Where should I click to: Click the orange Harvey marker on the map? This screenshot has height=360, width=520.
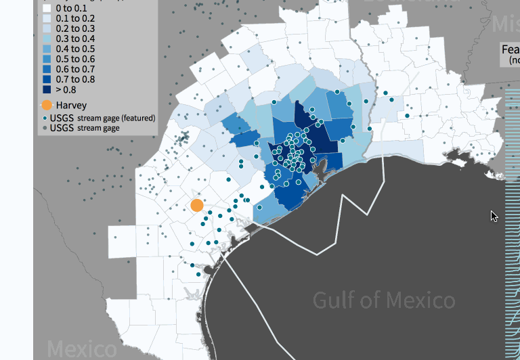[x=197, y=205]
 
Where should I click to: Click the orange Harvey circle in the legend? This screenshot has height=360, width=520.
[x=47, y=105]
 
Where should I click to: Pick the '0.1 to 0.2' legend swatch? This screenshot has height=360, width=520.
[x=47, y=18]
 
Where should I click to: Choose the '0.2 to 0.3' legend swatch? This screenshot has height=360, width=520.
[x=47, y=28]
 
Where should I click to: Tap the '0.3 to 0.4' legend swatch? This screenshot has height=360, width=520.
[x=47, y=39]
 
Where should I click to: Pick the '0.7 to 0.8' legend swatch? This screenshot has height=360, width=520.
[x=47, y=79]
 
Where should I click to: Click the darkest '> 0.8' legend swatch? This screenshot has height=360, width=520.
[x=47, y=89]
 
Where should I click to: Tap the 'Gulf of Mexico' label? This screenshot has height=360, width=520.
[x=384, y=300]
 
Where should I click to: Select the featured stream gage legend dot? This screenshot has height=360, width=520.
[x=45, y=118]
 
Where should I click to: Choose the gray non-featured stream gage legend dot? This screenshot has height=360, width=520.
[x=45, y=127]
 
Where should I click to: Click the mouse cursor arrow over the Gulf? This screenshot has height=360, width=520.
[x=494, y=216]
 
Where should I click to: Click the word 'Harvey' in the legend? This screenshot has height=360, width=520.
[x=71, y=105]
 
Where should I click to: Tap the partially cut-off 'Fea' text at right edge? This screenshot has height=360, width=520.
[x=510, y=49]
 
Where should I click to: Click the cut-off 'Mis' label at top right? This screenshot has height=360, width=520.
[x=505, y=24]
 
